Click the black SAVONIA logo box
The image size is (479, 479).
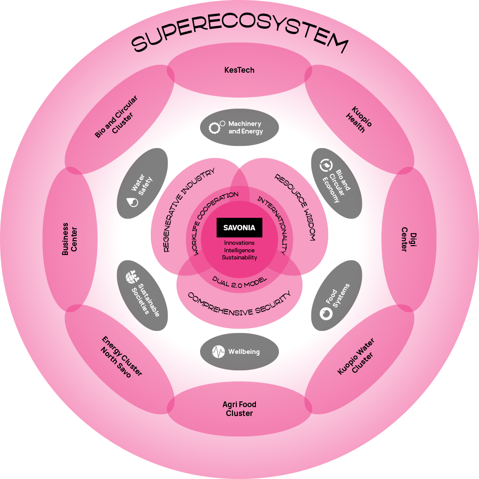239,228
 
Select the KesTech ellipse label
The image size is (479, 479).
239,70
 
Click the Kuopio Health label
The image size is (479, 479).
358,119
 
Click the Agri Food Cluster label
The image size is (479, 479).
239,408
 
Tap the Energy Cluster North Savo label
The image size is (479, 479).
119,357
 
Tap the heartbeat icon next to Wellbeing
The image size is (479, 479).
219,352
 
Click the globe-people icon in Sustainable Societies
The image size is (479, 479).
132,277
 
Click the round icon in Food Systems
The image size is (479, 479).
326,313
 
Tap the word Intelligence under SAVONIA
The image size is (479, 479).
239,250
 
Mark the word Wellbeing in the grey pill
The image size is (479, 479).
244,352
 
